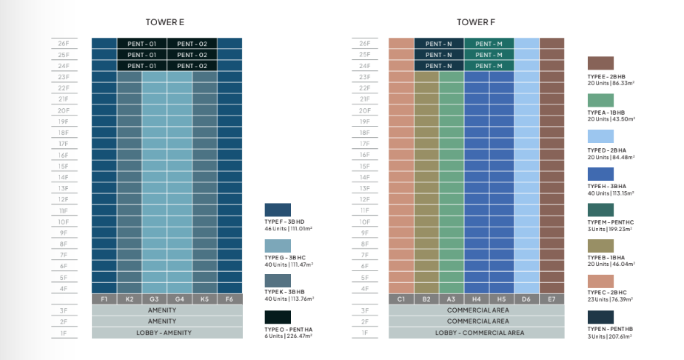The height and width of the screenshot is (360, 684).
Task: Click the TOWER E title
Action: click(x=166, y=22)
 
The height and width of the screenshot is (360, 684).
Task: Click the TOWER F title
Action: click(x=471, y=22)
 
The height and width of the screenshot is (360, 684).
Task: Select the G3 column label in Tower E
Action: click(x=154, y=299)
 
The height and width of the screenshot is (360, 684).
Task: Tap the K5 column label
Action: click(x=204, y=299)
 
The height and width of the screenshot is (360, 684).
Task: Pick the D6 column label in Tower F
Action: click(x=526, y=299)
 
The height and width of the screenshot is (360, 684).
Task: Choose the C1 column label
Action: click(x=401, y=299)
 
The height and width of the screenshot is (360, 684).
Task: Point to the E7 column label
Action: click(x=551, y=299)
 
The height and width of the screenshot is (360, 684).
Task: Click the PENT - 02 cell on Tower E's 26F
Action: click(x=192, y=44)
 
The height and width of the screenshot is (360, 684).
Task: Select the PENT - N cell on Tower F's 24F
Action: click(x=439, y=66)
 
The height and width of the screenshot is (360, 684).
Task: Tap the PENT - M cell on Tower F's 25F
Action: click(x=489, y=55)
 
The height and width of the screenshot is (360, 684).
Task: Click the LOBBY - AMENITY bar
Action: click(x=167, y=333)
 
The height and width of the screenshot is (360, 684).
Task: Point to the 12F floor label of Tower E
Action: click(x=64, y=199)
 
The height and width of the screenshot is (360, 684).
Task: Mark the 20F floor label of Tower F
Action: click(x=363, y=110)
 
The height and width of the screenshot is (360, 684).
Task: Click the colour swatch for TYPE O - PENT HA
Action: click(x=278, y=317)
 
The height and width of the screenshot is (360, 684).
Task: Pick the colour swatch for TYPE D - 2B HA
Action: click(x=601, y=136)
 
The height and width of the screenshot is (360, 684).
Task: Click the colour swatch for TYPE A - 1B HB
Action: click(x=601, y=99)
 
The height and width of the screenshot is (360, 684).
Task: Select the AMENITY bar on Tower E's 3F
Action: click(x=167, y=310)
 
